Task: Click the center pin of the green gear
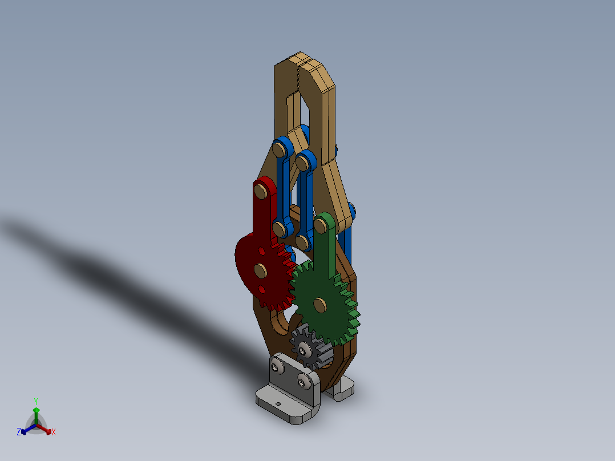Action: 320,306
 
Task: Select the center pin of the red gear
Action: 261,270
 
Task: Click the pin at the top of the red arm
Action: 262,191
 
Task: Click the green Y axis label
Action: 35,401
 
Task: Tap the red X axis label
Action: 54,432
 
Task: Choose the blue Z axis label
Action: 19,432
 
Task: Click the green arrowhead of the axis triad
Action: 36,410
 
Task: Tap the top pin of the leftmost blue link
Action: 278,150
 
